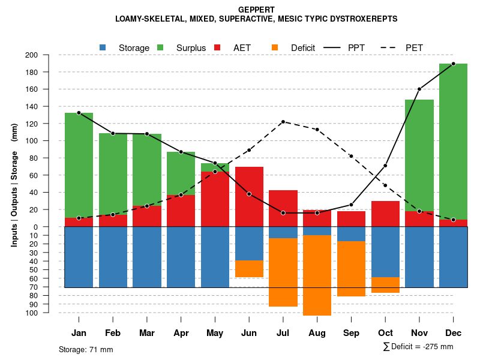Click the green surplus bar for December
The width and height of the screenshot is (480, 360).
pyautogui.click(x=453, y=141)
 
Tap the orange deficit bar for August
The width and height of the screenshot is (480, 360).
pyautogui.click(x=317, y=275)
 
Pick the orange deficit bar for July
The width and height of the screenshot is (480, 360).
pyautogui.click(x=283, y=272)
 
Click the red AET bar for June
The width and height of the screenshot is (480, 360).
pyautogui.click(x=249, y=196)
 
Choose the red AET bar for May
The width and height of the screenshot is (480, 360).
pyautogui.click(x=215, y=199)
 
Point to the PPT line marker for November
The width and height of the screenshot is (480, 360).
pyautogui.click(x=419, y=89)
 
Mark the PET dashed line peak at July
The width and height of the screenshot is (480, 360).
pyautogui.click(x=283, y=122)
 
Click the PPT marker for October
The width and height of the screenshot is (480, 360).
pyautogui.click(x=385, y=166)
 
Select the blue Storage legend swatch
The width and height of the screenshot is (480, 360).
pyautogui.click(x=103, y=47)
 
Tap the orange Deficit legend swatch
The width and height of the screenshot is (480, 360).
pyautogui.click(x=275, y=47)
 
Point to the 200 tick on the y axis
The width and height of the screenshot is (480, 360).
pyautogui.click(x=48, y=55)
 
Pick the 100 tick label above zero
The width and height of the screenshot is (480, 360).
pyautogui.click(x=48, y=141)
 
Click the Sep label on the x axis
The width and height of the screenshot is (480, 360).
pyautogui.click(x=351, y=333)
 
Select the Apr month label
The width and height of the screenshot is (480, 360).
pyautogui.click(x=181, y=333)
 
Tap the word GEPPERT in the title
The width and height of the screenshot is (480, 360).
pyautogui.click(x=256, y=10)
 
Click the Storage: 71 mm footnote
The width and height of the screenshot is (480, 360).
pyautogui.click(x=86, y=349)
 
